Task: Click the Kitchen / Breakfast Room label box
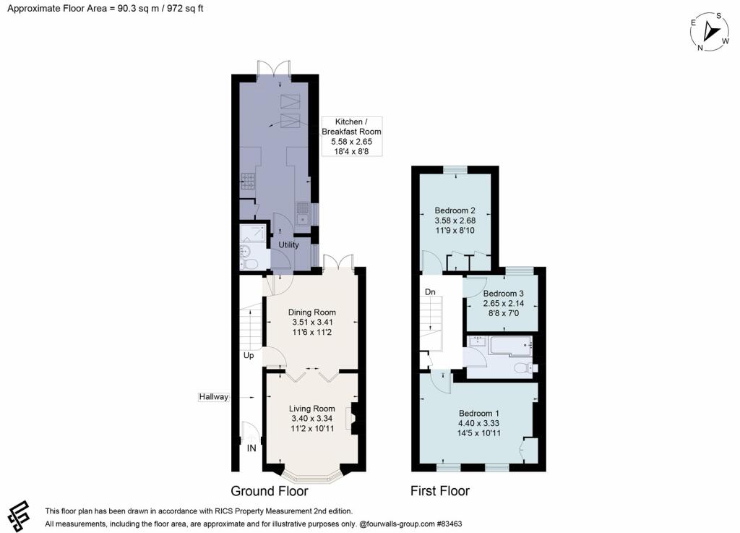352,136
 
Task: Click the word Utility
288,245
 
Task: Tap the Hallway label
214,397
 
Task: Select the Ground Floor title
269,491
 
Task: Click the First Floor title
439,491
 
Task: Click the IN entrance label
251,448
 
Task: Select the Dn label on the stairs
429,291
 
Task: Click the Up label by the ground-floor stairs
248,356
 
